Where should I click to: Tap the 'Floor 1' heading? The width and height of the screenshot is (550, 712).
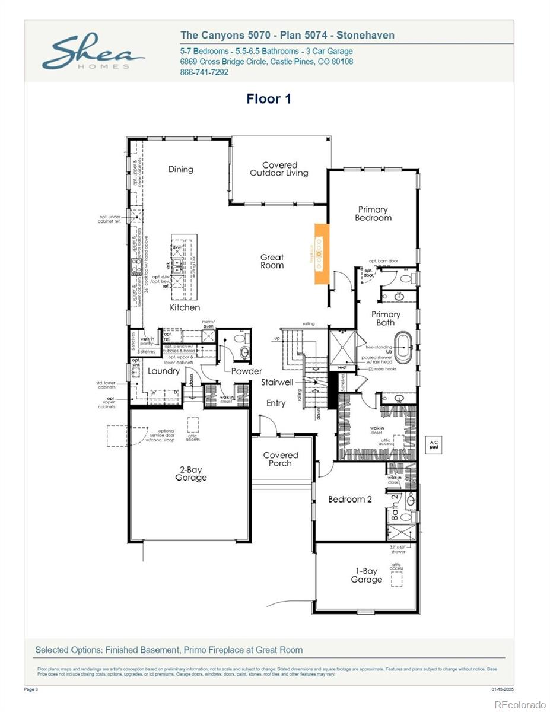[x=269, y=99]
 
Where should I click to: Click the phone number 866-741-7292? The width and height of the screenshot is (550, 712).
[x=204, y=72]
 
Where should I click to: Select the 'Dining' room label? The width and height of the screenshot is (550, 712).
[x=180, y=169]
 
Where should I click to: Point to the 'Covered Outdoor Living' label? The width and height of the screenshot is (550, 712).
[x=279, y=169]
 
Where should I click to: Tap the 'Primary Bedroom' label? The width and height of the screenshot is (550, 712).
[x=373, y=214]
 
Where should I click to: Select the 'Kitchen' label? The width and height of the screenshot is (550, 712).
[x=185, y=307]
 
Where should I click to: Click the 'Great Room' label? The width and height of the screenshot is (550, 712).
[x=272, y=261]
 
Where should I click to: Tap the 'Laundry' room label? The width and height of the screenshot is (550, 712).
[x=163, y=371]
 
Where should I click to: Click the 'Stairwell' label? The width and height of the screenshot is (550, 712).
[x=277, y=383]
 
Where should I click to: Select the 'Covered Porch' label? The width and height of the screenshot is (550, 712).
[x=280, y=459]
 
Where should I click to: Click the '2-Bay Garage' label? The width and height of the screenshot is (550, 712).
[x=191, y=473]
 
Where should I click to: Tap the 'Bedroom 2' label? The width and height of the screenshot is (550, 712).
[x=350, y=499]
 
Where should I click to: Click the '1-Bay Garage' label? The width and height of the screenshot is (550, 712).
[x=366, y=576]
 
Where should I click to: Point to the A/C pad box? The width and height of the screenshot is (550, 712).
[x=434, y=444]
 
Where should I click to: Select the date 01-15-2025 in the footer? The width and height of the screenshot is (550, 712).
[x=503, y=689]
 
